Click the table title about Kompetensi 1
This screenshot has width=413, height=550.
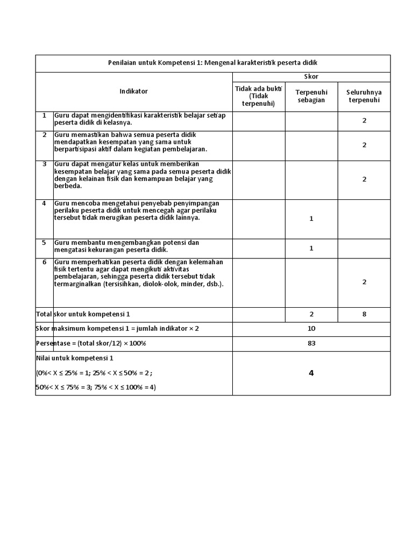point(213,63)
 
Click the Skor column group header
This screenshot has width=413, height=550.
point(311,77)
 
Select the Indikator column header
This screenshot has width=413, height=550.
point(133,91)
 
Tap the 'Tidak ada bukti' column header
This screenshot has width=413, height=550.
point(259,96)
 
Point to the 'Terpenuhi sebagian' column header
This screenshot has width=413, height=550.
point(311,96)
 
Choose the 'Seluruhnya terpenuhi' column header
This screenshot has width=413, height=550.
point(364,96)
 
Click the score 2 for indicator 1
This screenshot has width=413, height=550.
point(364,120)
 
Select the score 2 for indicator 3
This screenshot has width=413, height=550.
point(364,179)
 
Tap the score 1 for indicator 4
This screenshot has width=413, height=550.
point(311,219)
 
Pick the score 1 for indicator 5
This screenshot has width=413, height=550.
point(311,248)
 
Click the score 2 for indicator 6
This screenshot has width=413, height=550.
point(364,281)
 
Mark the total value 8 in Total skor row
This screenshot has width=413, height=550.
point(364,314)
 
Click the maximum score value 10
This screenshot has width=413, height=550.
point(311,329)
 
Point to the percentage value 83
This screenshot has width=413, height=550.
point(311,343)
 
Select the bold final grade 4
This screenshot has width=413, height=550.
point(311,373)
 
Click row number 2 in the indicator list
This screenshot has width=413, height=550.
point(45,134)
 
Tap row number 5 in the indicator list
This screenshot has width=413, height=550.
point(45,243)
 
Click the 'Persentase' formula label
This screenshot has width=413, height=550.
point(91,343)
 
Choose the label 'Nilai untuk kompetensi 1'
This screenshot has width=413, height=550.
point(75,358)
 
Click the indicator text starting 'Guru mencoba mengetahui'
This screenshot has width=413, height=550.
point(137,211)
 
